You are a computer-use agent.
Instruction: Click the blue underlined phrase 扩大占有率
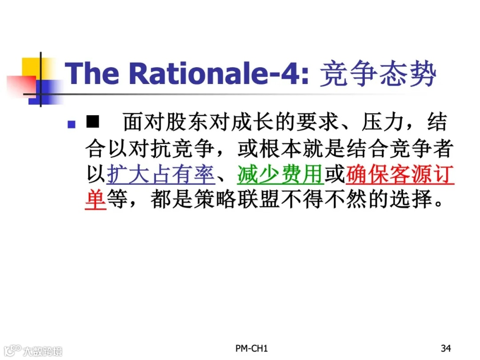(x=161, y=175)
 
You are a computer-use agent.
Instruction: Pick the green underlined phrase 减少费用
(x=280, y=175)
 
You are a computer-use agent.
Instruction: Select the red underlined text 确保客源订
(x=400, y=175)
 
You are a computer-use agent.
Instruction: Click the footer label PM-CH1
(x=252, y=348)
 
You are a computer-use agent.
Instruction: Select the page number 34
(x=446, y=348)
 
